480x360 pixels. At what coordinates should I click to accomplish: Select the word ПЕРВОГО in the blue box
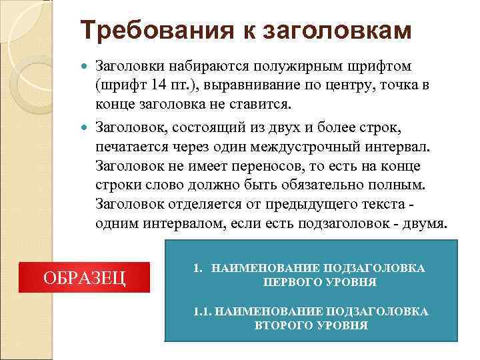point(289,282)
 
